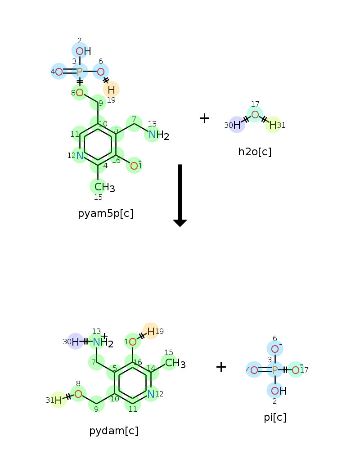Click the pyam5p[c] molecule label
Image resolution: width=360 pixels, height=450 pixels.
pyautogui.click(x=106, y=214)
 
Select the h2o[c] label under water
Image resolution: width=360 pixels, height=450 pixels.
pyautogui.click(x=255, y=152)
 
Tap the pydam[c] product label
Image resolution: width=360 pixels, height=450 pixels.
pyautogui.click(x=114, y=431)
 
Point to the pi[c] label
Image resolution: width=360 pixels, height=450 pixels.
pyautogui.click(x=275, y=418)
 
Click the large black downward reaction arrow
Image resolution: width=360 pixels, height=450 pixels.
pyautogui.click(x=180, y=195)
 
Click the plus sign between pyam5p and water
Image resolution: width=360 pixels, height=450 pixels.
pyautogui.click(x=204, y=118)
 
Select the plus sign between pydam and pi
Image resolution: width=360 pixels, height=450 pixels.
pyautogui.click(x=221, y=367)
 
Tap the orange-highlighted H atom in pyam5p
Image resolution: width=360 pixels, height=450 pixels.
pyautogui.click(x=112, y=90)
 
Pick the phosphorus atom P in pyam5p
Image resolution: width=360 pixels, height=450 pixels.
pyautogui.click(x=80, y=72)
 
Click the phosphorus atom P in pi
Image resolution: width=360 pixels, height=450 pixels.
pyautogui.click(x=275, y=370)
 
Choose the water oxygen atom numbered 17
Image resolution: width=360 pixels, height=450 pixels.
pyautogui.click(x=255, y=115)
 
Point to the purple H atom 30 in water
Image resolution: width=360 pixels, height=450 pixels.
pyautogui.click(x=237, y=125)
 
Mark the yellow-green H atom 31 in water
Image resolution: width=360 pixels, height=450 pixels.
pyautogui.click(x=273, y=125)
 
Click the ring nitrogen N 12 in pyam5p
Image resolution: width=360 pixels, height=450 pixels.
pyautogui.click(x=80, y=156)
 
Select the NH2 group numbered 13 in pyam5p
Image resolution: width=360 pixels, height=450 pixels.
pyautogui.click(x=158, y=135)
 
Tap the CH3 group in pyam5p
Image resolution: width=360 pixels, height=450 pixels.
pyautogui.click(x=104, y=187)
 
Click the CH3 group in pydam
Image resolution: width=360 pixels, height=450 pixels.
pyautogui.click(x=175, y=363)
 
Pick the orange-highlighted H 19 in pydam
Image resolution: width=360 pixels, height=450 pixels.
pyautogui.click(x=151, y=331)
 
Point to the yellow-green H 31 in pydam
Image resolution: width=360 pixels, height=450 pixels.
pyautogui.click(x=58, y=400)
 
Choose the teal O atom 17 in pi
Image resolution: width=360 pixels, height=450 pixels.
pyautogui.click(x=296, y=370)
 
